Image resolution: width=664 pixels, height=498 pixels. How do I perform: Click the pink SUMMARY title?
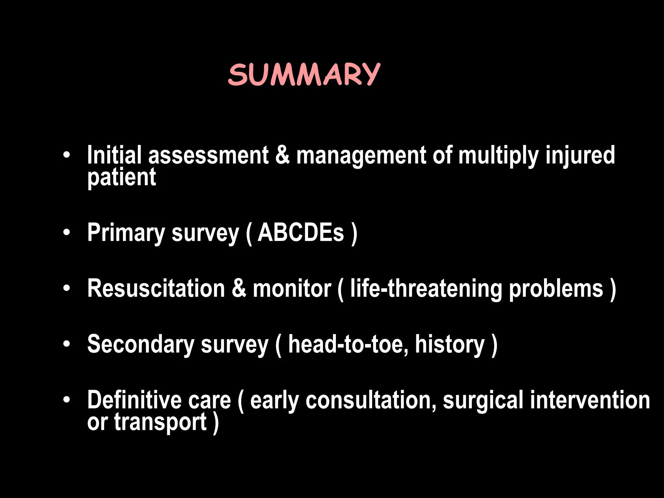(x=304, y=75)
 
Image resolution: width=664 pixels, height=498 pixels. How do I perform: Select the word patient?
(x=122, y=178)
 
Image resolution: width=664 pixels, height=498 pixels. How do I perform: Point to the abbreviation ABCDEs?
(x=301, y=232)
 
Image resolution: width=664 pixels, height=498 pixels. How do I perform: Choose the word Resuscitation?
(x=156, y=288)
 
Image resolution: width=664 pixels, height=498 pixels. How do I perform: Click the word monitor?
(x=292, y=288)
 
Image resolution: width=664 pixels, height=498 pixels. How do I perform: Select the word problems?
(x=556, y=289)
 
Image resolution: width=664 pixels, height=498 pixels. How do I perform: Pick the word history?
(x=450, y=344)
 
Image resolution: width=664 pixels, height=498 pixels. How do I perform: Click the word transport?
(x=160, y=422)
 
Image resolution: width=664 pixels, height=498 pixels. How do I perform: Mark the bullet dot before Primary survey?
(x=67, y=232)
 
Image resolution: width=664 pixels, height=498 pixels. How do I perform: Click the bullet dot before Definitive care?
(x=67, y=400)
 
